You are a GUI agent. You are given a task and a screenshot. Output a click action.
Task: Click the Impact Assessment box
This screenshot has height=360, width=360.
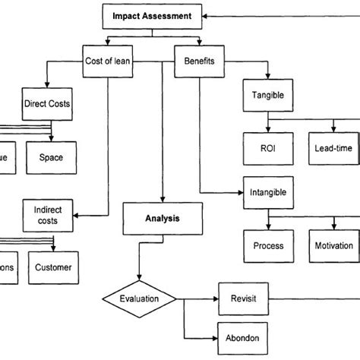point(153,14)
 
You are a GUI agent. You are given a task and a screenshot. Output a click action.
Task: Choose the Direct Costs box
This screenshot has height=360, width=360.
point(47,103)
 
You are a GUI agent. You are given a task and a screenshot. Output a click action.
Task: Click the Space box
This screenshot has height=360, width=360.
point(51,157)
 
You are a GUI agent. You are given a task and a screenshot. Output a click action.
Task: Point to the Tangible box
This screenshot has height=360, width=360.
point(267,96)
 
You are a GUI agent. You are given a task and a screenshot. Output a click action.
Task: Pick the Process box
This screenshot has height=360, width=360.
point(268,245)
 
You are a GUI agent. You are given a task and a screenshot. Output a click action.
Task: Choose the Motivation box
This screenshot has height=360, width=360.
point(333,245)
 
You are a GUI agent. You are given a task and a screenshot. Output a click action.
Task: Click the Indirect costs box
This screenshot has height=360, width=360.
point(47,215)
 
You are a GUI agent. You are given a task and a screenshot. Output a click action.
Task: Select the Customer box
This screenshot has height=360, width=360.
point(54,267)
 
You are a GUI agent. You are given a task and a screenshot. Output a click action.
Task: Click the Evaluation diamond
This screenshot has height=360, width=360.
point(139,298)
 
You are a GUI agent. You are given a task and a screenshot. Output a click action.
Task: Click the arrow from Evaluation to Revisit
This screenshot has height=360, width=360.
point(197,298)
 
